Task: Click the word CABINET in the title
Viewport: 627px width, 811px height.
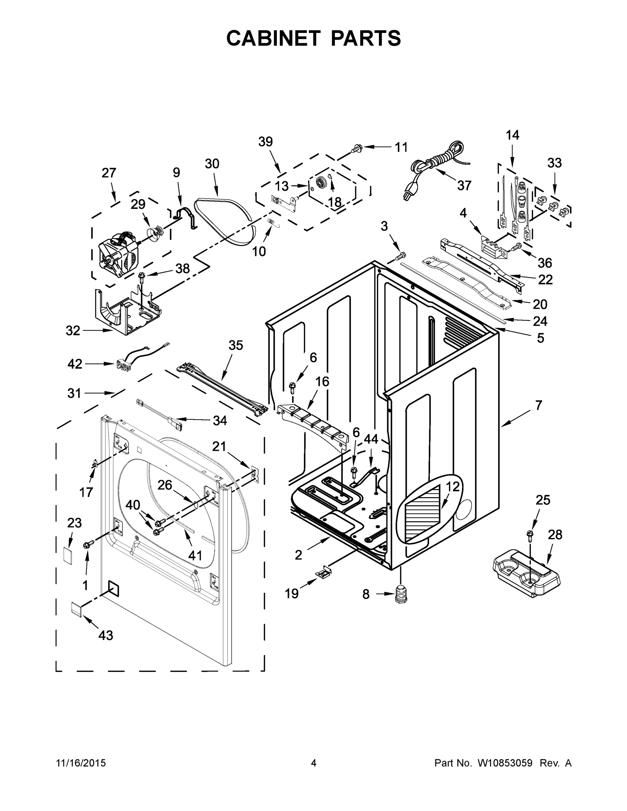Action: click(273, 38)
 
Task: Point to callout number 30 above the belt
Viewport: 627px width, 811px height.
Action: click(212, 164)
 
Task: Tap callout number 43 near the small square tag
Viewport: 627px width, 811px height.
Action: click(105, 635)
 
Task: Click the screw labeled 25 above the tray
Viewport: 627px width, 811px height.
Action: click(529, 535)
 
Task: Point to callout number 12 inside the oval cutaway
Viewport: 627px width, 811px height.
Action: click(453, 487)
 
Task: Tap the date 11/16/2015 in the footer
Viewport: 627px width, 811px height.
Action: click(81, 763)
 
